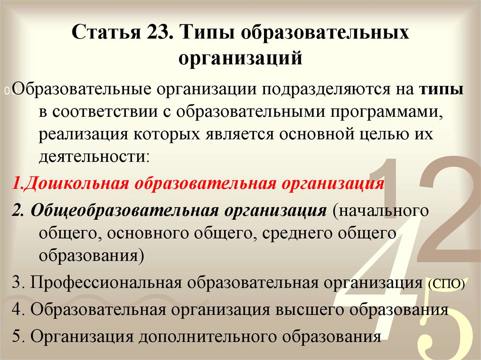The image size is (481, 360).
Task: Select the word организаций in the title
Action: pyautogui.click(x=240, y=58)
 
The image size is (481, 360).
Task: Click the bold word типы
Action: pyautogui.click(x=441, y=89)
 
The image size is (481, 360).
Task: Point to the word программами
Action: pyautogui.click(x=387, y=112)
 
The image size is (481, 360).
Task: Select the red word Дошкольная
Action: pyautogui.click(x=76, y=184)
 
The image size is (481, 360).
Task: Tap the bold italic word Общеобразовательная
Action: pyautogui.click(x=124, y=211)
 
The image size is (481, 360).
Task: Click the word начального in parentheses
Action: pyautogui.click(x=380, y=211)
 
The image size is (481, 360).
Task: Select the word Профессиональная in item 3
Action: pyautogui.click(x=106, y=283)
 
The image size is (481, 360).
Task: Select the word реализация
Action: pyautogui.click(x=83, y=135)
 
